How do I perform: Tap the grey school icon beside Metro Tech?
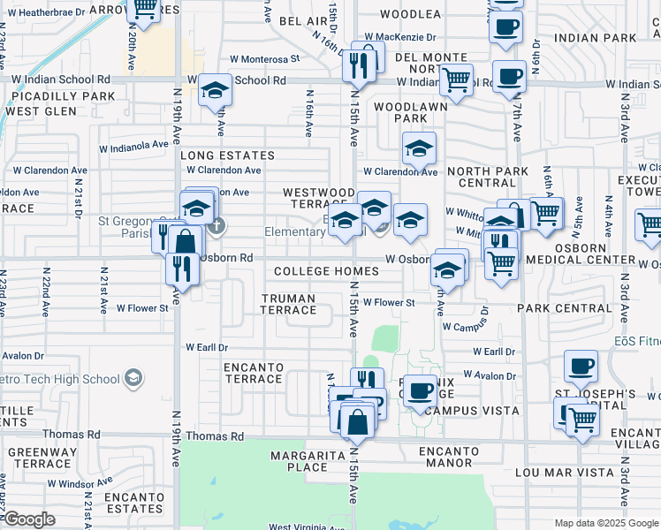click(133, 379)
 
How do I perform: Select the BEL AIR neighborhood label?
click(303, 19)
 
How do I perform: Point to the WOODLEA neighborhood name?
click(410, 14)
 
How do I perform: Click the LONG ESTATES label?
click(228, 155)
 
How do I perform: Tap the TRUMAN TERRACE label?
click(288, 304)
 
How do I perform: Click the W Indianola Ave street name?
click(133, 145)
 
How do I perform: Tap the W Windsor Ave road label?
click(80, 482)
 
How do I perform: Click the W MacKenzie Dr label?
click(400, 37)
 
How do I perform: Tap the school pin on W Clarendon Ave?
click(420, 148)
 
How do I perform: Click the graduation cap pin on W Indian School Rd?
click(215, 90)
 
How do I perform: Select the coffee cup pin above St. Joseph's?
click(581, 365)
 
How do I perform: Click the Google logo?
click(30, 519)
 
